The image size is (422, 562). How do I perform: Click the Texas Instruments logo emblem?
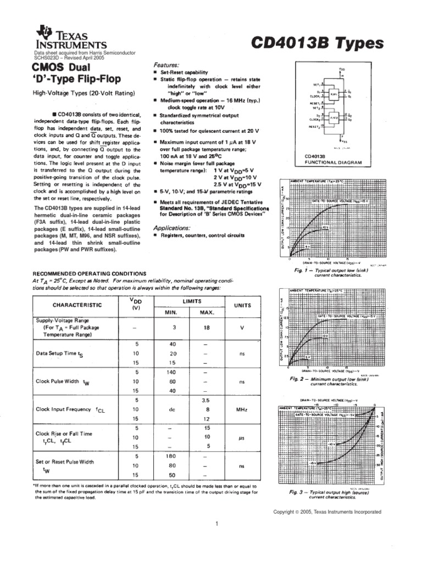tap(43, 33)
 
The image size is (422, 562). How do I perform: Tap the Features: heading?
tap(168, 64)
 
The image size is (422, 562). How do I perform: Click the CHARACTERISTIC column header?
tap(77, 305)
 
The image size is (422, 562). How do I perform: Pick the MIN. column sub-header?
tap(173, 312)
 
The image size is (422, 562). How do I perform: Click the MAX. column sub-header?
tap(207, 312)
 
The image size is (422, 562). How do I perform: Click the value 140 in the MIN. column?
tap(173, 372)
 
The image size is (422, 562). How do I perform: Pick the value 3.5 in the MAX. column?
tap(207, 400)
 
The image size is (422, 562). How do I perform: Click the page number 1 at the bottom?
tap(217, 524)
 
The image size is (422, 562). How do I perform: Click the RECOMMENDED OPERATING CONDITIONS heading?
tap(90, 273)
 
